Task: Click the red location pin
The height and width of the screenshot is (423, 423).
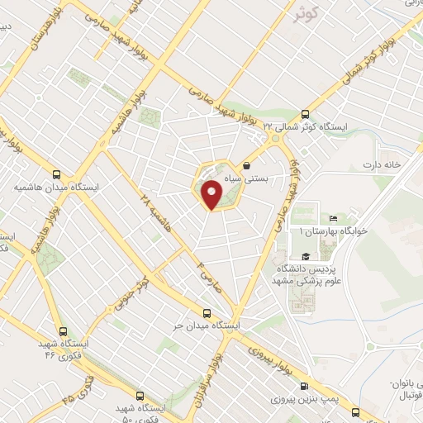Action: tap(212, 195)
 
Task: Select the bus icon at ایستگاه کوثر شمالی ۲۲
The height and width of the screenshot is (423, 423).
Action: tap(306, 115)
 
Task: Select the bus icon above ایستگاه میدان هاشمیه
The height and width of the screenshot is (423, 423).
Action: tap(56, 175)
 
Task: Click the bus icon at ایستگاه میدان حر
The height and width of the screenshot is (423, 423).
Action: tap(207, 313)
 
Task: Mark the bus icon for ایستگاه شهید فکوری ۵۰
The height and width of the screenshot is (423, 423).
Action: tap(139, 396)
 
